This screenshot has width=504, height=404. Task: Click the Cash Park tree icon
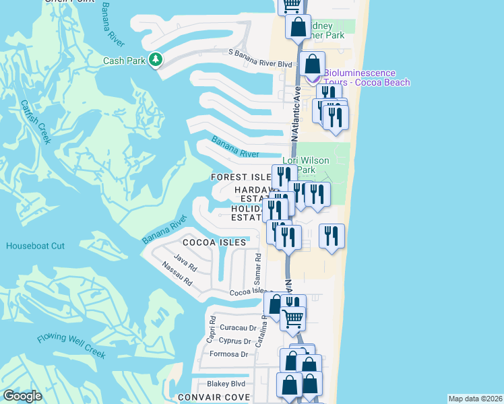156,61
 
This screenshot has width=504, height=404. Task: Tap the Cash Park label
124,61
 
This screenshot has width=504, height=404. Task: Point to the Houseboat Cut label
36,246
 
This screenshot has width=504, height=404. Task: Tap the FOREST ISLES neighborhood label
241,176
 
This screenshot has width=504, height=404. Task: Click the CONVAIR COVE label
214,397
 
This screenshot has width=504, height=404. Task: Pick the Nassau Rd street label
177,275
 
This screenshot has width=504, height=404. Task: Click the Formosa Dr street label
229,353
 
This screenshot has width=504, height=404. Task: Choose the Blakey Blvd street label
226,383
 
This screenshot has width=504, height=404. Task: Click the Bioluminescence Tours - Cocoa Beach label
367,77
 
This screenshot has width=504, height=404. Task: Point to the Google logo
22,396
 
